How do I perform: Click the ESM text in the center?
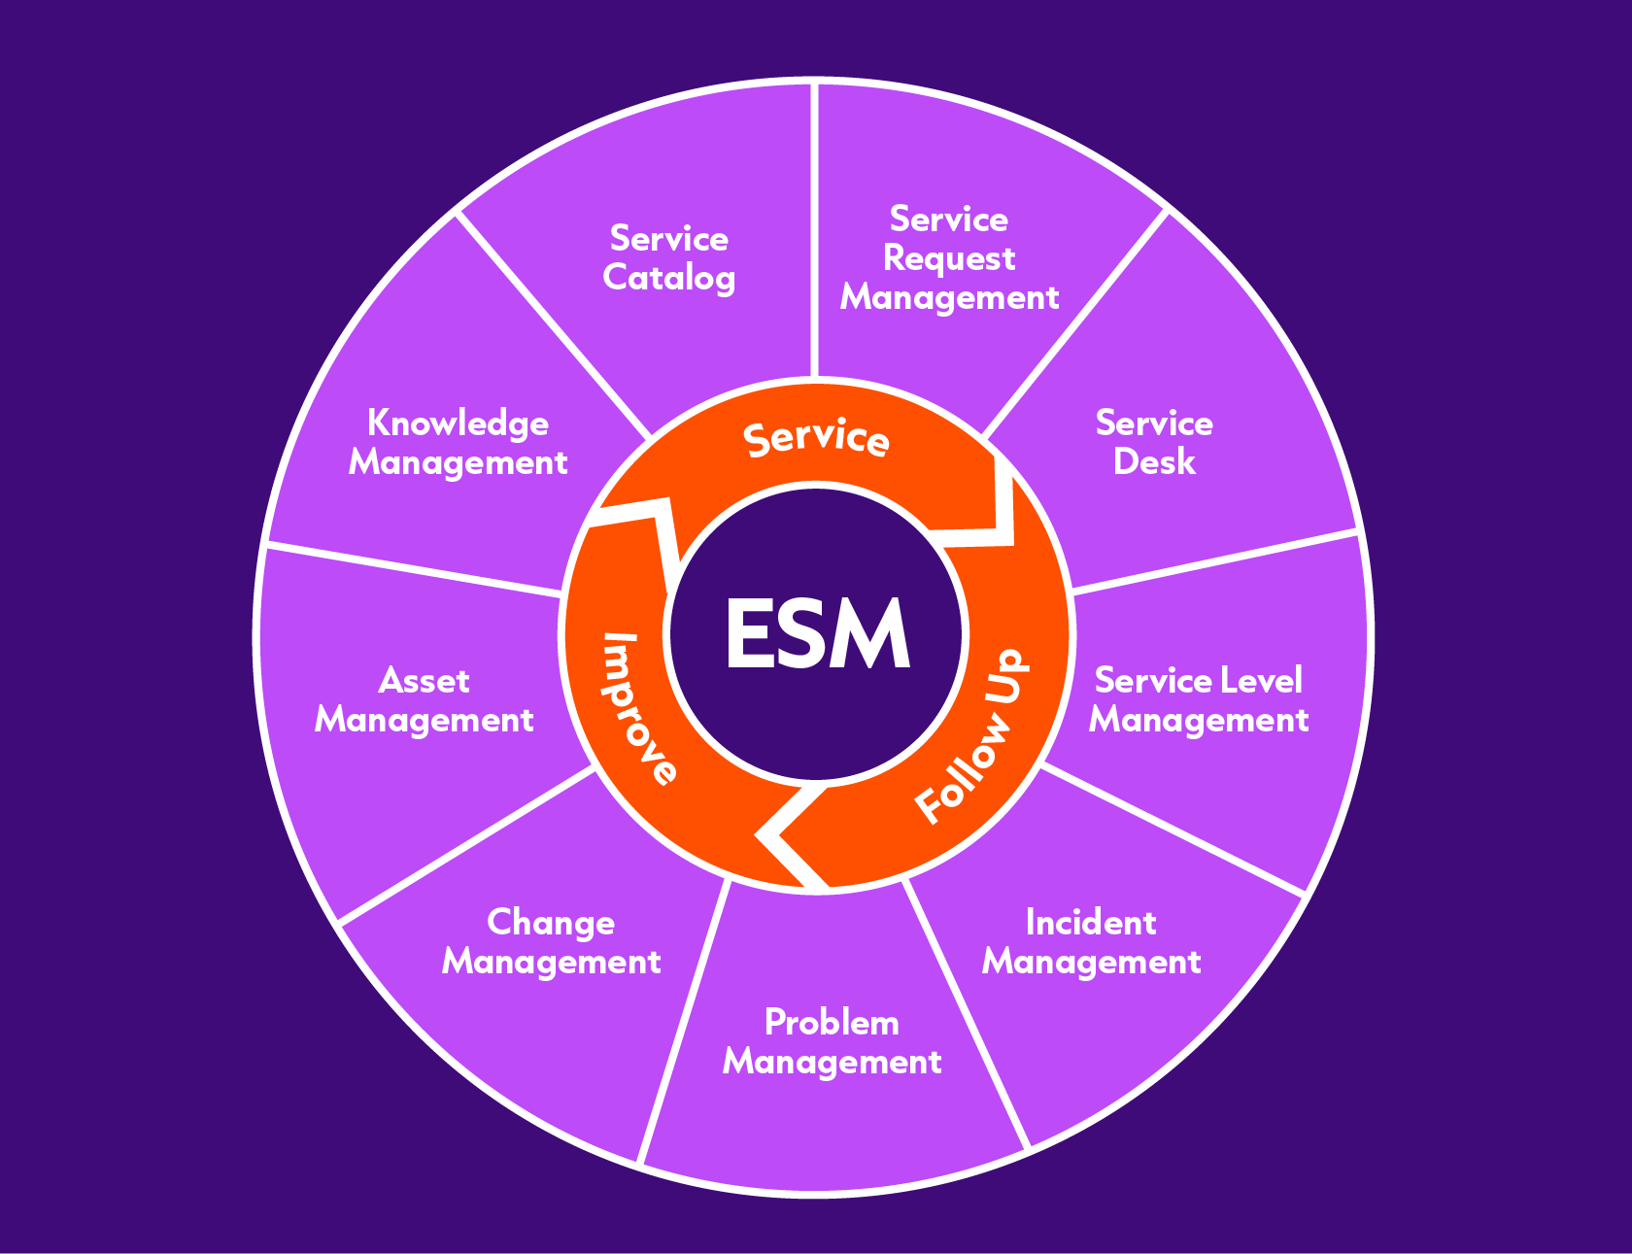[817, 634]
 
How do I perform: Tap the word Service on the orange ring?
[816, 438]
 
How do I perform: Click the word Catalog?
[668, 278]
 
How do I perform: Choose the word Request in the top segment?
[949, 258]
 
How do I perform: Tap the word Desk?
[1153, 461]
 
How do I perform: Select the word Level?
[1260, 680]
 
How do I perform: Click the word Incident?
[1091, 922]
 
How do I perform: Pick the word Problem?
[832, 1022]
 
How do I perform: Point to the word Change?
[551, 922]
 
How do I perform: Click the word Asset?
[424, 680]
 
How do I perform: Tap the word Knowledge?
[458, 424]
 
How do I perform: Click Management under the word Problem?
[832, 1062]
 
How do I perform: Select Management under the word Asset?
[424, 720]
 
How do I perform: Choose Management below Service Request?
[949, 297]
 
